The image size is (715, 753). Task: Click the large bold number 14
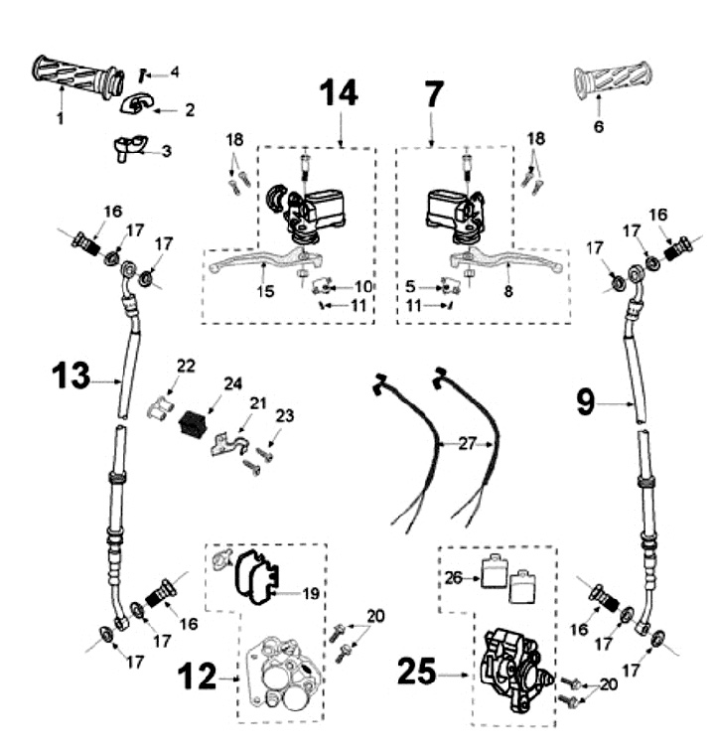pos(339,93)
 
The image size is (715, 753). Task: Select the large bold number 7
pos(433,94)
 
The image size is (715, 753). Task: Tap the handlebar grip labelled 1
pos(77,77)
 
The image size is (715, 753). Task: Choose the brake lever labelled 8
pos(506,259)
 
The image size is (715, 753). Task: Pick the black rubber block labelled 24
pos(192,423)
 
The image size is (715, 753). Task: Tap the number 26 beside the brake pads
pos(453,578)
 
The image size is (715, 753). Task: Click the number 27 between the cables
pos(467,444)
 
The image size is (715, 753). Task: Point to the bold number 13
pos(71,376)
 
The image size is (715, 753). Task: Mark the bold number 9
pos(585,402)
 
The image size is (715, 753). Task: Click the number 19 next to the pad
pos(310,594)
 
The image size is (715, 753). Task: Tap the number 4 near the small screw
pos(175,73)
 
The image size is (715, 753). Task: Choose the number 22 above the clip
pos(186,366)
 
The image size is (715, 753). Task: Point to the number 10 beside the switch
pos(363,287)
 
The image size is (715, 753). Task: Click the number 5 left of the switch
pos(409,286)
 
